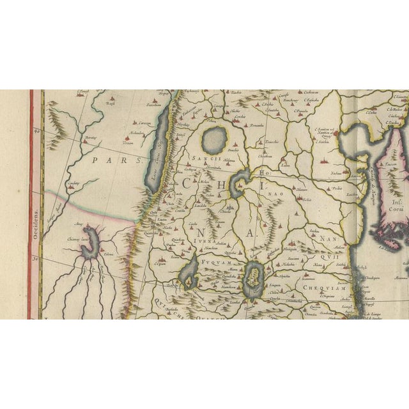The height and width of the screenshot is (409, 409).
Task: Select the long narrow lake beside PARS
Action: (x=157, y=150)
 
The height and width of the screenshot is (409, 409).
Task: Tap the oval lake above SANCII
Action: (x=214, y=137)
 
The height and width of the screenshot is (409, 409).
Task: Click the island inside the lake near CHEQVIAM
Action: (x=255, y=279)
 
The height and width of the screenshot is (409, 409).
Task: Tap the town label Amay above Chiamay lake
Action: (x=79, y=225)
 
